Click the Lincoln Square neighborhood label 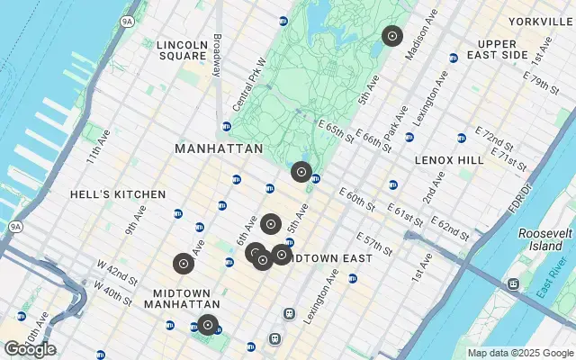(x=181, y=50)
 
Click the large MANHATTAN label (x=219, y=148)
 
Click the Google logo (x=30, y=349)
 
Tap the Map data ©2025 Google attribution (x=520, y=353)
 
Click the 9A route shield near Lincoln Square (x=127, y=19)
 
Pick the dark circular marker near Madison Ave (x=391, y=36)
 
